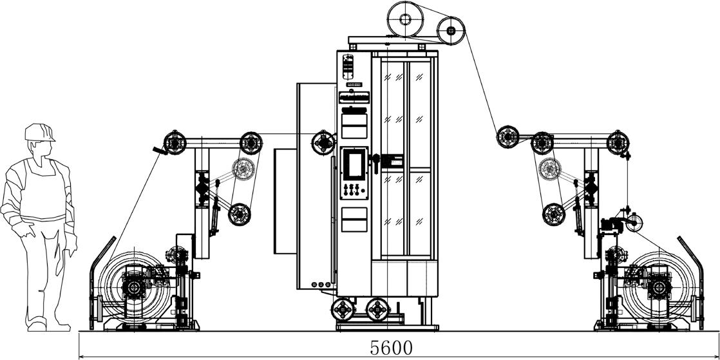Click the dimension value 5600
pyautogui.click(x=391, y=347)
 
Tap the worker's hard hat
pyautogui.click(x=39, y=133)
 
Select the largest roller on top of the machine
pyautogui.click(x=405, y=19)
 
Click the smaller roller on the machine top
pyautogui.click(x=451, y=30)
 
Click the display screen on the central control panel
pyautogui.click(x=354, y=165)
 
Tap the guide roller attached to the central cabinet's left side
pyautogui.click(x=323, y=142)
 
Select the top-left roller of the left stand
pyautogui.click(x=174, y=142)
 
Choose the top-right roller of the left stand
pyautogui.click(x=251, y=142)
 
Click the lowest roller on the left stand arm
pyautogui.click(x=239, y=214)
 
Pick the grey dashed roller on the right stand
pyautogui.click(x=549, y=169)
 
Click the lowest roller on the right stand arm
pyautogui.click(x=553, y=214)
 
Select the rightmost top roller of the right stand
pyautogui.click(x=618, y=142)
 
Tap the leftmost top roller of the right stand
pyautogui.click(x=507, y=137)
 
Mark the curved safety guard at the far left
pyautogui.click(x=95, y=283)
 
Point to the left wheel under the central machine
pyautogui.click(x=343, y=310)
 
